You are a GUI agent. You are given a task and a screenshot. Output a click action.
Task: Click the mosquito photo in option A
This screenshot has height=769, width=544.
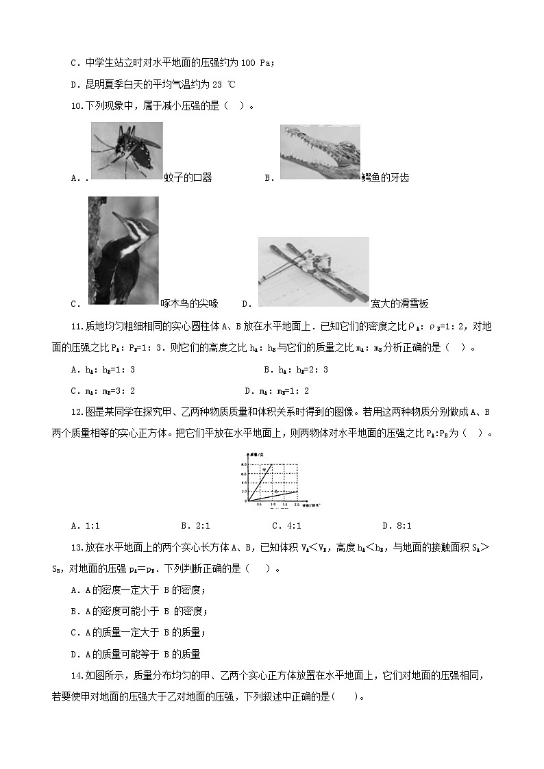(x=127, y=151)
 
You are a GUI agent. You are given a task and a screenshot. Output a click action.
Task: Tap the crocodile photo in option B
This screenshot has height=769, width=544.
(x=320, y=152)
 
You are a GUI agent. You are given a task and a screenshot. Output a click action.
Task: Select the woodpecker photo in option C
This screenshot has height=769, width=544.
(x=123, y=251)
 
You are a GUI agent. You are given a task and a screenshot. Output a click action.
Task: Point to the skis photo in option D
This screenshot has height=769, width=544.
(x=313, y=271)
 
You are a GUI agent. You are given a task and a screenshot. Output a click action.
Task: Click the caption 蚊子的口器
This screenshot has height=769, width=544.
(x=188, y=178)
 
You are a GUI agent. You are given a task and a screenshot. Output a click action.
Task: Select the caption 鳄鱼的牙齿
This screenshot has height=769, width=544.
(x=385, y=178)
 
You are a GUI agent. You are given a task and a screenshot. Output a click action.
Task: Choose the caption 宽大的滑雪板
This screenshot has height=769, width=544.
(x=399, y=303)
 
